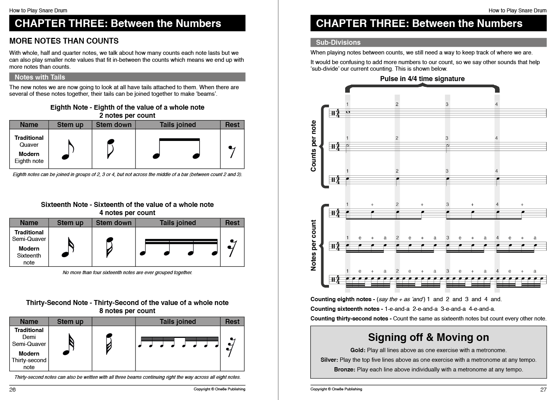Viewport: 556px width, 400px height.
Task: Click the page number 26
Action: pyautogui.click(x=13, y=390)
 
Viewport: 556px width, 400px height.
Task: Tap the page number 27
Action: pyautogui.click(x=543, y=390)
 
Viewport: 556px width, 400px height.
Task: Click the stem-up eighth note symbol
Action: pyautogui.click(x=68, y=149)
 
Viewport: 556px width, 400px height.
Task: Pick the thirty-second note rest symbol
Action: pyautogui.click(x=232, y=348)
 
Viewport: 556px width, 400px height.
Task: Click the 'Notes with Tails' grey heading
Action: pyautogui.click(x=40, y=77)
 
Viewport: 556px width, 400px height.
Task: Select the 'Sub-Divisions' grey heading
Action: pyautogui.click(x=338, y=42)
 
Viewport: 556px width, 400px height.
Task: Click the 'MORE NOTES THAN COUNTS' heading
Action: pyautogui.click(x=64, y=41)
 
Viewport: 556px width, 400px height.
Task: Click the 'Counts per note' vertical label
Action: pyautogui.click(x=314, y=146)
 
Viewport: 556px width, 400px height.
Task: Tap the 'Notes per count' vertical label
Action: pyautogui.click(x=314, y=246)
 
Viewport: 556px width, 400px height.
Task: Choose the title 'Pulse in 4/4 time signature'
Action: pyautogui.click(x=422, y=79)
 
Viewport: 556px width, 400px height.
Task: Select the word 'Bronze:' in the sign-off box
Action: pyautogui.click(x=344, y=369)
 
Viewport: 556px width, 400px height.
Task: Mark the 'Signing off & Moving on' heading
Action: pyautogui.click(x=428, y=337)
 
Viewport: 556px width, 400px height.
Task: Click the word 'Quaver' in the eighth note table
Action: pyautogui.click(x=29, y=145)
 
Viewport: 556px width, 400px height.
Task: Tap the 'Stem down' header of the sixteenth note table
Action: pyautogui.click(x=114, y=223)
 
